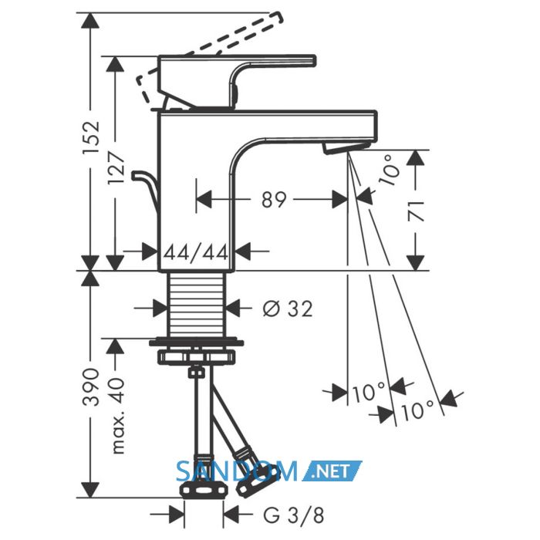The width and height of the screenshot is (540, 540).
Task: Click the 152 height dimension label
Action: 92,138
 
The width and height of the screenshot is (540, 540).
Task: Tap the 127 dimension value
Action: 116,169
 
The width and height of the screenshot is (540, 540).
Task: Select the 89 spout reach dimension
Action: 274,200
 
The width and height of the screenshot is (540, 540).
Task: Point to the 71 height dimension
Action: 416,211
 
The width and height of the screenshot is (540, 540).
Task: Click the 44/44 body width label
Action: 196,252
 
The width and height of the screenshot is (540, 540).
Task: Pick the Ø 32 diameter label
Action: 288,309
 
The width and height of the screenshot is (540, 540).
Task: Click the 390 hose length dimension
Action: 92,387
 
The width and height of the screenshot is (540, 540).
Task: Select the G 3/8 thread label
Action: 294,515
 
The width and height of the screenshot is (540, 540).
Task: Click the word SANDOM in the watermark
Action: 237,471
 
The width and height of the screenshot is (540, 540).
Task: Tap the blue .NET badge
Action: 332,471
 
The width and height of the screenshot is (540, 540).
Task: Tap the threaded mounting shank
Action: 196,304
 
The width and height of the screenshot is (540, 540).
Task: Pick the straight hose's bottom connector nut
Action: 205,490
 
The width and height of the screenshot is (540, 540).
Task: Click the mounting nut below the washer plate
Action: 197,356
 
